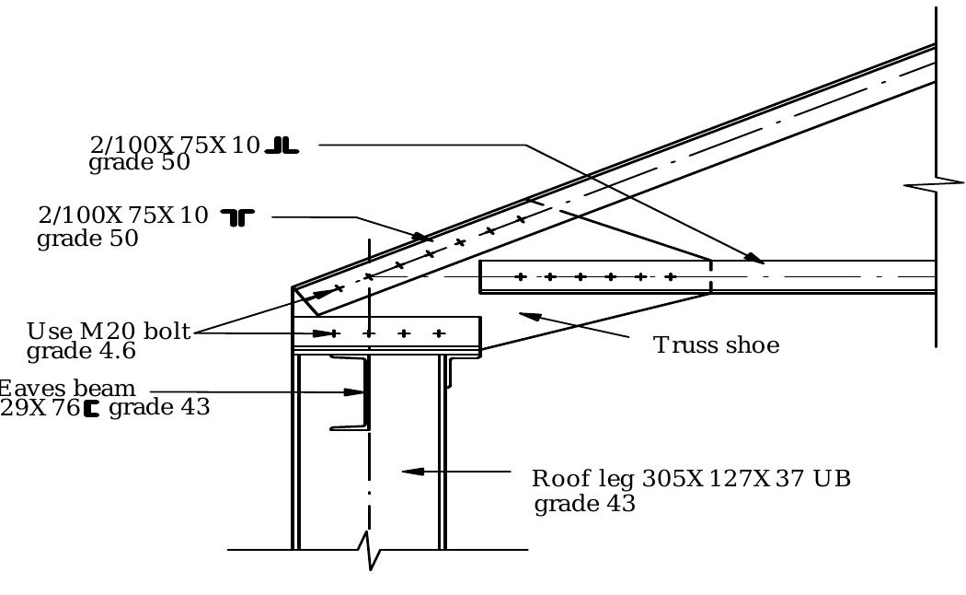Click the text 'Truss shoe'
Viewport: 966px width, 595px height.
pyautogui.click(x=716, y=345)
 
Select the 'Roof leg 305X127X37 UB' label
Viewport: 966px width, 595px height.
pyautogui.click(x=690, y=479)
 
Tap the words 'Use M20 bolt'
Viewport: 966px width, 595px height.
pyautogui.click(x=109, y=332)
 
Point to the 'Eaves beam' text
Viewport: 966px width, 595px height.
pyautogui.click(x=68, y=389)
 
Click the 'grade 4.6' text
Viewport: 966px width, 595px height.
pyautogui.click(x=81, y=352)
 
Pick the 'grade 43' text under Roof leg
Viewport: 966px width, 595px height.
pyautogui.click(x=584, y=505)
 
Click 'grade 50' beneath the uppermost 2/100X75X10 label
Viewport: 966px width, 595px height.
pyautogui.click(x=139, y=163)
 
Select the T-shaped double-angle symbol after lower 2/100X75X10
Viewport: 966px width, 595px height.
pyautogui.click(x=238, y=217)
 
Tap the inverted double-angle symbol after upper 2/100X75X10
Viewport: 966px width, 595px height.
pyautogui.click(x=282, y=146)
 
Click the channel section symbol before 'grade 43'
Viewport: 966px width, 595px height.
pyautogui.click(x=91, y=408)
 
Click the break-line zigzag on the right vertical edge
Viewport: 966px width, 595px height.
pyautogui.click(x=935, y=184)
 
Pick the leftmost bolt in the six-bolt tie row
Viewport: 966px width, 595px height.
pyautogui.click(x=521, y=276)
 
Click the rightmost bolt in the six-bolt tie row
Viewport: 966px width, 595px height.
pyautogui.click(x=670, y=276)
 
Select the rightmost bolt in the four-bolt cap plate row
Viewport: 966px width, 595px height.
pyautogui.click(x=439, y=333)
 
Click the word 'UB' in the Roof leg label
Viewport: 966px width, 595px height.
pyautogui.click(x=832, y=479)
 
